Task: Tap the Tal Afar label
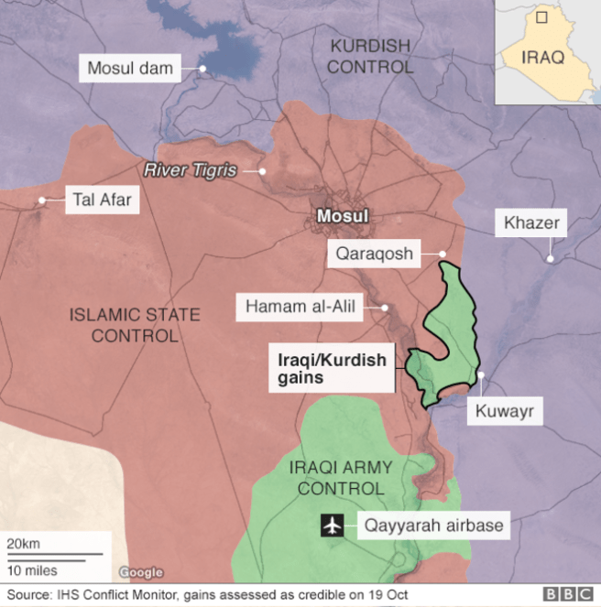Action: [x=101, y=201]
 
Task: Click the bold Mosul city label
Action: [x=341, y=217]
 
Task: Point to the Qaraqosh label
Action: [x=374, y=254]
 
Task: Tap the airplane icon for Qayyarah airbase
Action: [x=332, y=526]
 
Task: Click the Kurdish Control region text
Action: [x=370, y=57]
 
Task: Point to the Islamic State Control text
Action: [x=134, y=325]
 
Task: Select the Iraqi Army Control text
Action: [x=340, y=478]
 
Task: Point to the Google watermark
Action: [x=140, y=572]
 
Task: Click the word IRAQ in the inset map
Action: [x=542, y=57]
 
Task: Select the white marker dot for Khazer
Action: [x=550, y=259]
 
